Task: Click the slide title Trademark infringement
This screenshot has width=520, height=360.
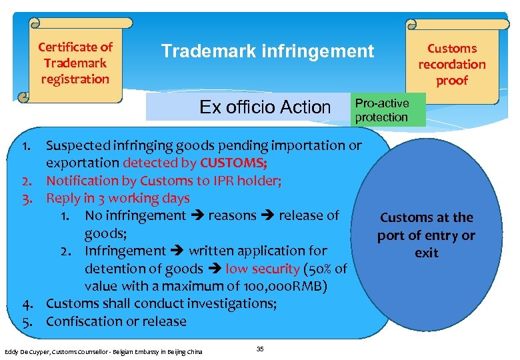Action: point(267,51)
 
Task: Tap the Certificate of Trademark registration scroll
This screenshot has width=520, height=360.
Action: point(75,63)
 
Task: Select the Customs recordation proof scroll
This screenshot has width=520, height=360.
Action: point(452,64)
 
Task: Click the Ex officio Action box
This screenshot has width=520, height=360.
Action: point(265,107)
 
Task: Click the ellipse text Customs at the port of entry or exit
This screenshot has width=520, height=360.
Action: point(426,235)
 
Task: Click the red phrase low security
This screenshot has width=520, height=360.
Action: point(262,269)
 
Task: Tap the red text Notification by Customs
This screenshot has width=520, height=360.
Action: point(111,181)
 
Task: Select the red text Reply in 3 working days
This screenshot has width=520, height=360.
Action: point(117,198)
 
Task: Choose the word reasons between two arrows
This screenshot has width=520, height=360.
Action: point(232,216)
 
